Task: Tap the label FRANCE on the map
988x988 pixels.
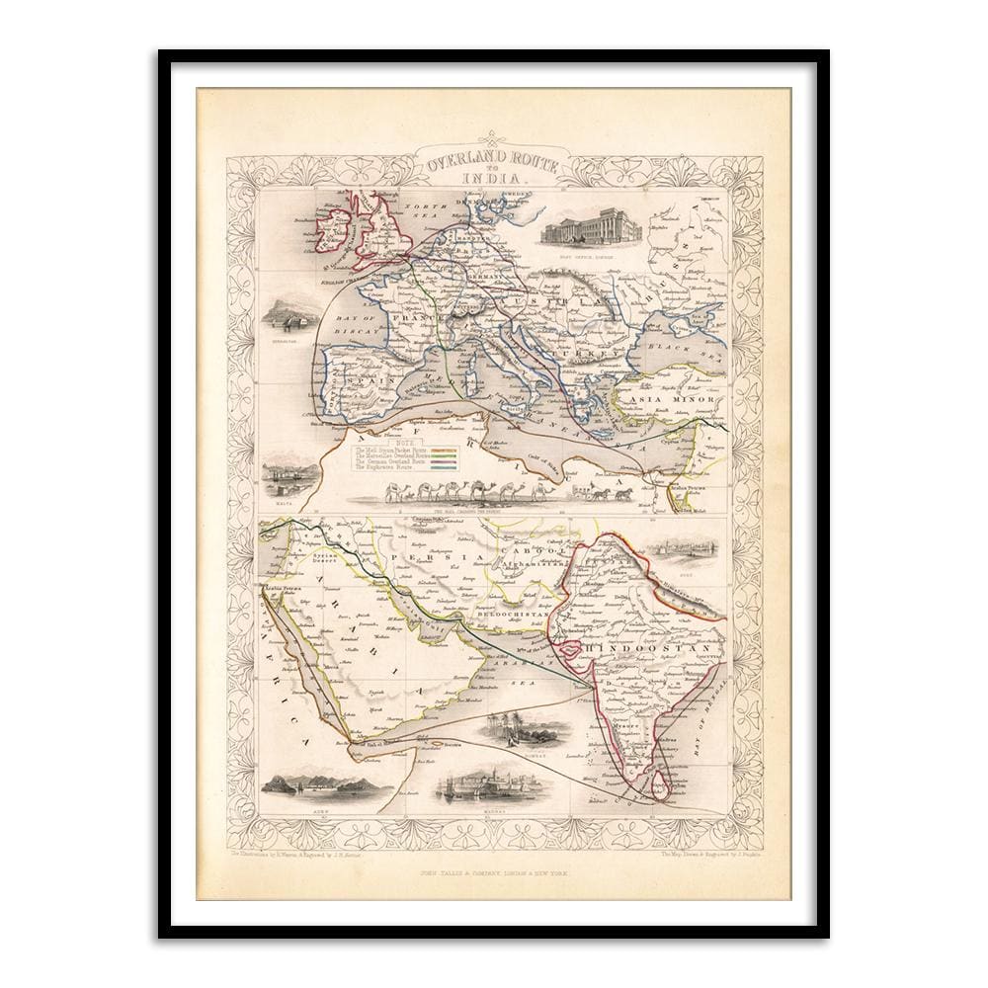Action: coord(388,318)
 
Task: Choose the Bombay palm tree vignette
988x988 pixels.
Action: coord(524,731)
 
